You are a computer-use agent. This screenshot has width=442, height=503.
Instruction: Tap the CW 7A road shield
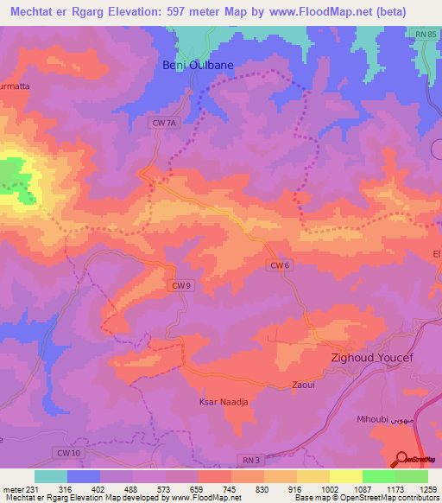(163, 124)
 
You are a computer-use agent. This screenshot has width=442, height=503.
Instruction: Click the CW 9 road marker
(180, 285)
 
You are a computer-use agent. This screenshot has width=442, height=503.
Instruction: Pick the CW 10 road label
(68, 452)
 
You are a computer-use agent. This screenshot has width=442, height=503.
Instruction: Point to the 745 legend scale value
(230, 489)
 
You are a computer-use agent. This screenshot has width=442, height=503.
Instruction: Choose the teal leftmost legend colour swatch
(50, 476)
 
